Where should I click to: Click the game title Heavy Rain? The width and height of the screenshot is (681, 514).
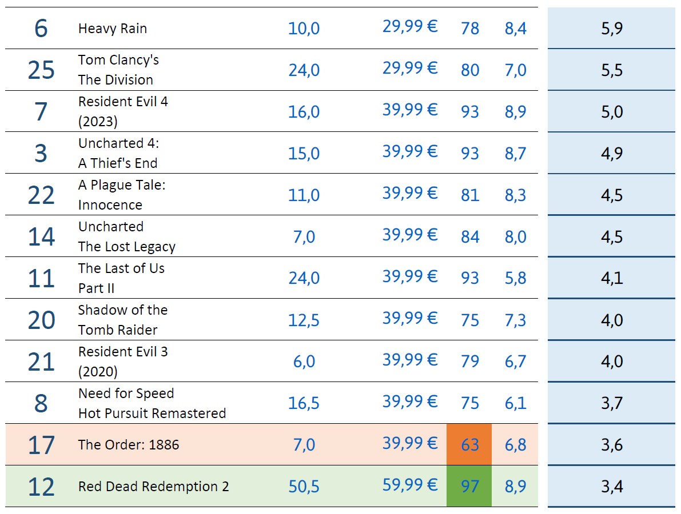click(x=112, y=29)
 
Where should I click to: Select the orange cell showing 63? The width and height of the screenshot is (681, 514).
click(x=469, y=444)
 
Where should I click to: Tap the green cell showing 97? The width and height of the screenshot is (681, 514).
click(x=469, y=486)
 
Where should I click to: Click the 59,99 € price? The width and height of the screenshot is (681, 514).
click(x=409, y=485)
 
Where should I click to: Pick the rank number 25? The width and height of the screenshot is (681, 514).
click(x=41, y=70)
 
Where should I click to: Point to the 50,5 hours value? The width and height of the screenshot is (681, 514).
click(x=304, y=487)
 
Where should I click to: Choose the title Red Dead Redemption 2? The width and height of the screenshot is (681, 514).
click(x=153, y=487)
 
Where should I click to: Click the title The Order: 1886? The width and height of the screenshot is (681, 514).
click(x=128, y=444)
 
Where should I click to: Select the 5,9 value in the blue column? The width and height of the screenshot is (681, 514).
click(x=611, y=29)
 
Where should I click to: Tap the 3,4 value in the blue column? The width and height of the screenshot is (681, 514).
click(x=611, y=487)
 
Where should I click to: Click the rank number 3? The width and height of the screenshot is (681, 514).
click(x=41, y=154)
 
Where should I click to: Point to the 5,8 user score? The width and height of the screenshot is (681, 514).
click(x=515, y=278)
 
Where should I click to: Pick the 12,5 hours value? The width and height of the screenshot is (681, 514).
click(x=304, y=320)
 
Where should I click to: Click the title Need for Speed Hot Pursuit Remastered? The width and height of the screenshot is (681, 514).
click(x=152, y=403)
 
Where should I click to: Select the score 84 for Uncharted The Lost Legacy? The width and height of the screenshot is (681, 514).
click(x=469, y=236)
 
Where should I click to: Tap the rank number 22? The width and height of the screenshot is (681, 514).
click(x=41, y=195)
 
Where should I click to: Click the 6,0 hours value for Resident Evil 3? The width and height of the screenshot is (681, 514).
click(x=304, y=362)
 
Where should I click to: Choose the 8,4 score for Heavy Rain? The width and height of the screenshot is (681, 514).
click(x=515, y=29)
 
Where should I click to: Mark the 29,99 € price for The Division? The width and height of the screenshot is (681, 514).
click(x=409, y=69)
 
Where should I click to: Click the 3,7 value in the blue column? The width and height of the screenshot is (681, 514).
click(x=611, y=403)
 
